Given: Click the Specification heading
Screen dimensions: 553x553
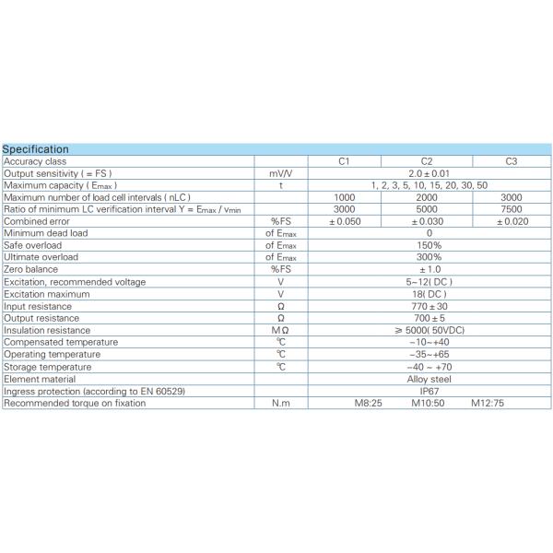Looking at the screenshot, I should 35,149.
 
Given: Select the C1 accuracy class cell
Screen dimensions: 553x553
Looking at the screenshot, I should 343,161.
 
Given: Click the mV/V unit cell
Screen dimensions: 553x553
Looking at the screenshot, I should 281,173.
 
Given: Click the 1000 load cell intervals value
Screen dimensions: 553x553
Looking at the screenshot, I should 343,197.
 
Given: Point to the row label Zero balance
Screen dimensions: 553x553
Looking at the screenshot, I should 31,269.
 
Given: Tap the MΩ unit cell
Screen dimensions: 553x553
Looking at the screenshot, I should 281,330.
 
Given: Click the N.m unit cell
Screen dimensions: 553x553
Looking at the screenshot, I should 281,403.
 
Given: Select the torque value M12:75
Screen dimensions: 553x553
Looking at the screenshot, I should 488,403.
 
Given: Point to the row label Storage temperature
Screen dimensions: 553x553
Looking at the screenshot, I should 48,366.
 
